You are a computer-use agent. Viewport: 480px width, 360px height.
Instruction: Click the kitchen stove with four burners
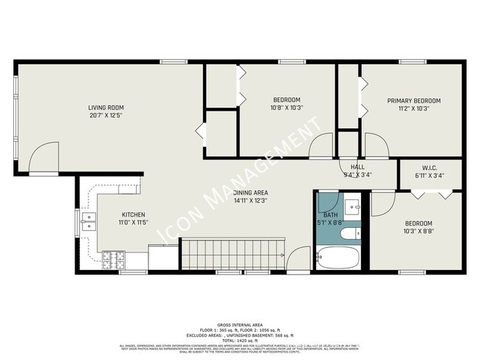pyautogui.click(x=112, y=259)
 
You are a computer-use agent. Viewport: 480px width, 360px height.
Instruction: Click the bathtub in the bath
pyautogui.click(x=338, y=258)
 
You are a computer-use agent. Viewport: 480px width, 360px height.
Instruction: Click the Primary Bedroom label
pyautogui.click(x=414, y=100)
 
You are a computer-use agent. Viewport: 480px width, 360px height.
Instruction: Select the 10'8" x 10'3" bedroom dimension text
pyautogui.click(x=287, y=108)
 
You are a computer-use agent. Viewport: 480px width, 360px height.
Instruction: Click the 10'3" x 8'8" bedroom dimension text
pyautogui.click(x=417, y=232)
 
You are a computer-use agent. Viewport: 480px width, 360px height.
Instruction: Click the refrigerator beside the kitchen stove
pyautogui.click(x=160, y=260)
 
